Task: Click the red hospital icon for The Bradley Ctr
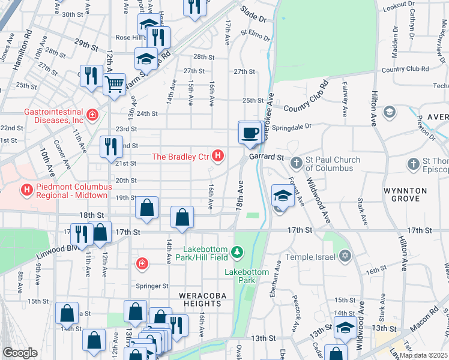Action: coord(218,157)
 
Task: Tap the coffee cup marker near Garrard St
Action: coord(250,133)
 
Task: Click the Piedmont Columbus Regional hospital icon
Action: coord(26,191)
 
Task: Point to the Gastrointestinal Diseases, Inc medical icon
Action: coord(92,114)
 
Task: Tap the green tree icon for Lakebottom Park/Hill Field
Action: coord(238,251)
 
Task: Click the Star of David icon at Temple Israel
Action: coord(345,256)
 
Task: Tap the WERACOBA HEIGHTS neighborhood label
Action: coord(200,299)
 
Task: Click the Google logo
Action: coord(20,353)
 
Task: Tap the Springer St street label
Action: coord(152,286)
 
